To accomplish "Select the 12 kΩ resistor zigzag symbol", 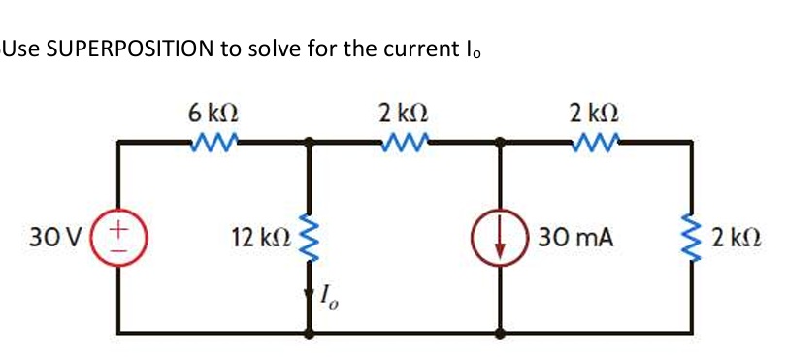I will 309,237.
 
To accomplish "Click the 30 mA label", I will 578,236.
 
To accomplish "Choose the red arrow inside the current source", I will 500,239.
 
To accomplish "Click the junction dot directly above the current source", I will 500,142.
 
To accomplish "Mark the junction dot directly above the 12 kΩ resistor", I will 309,142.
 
